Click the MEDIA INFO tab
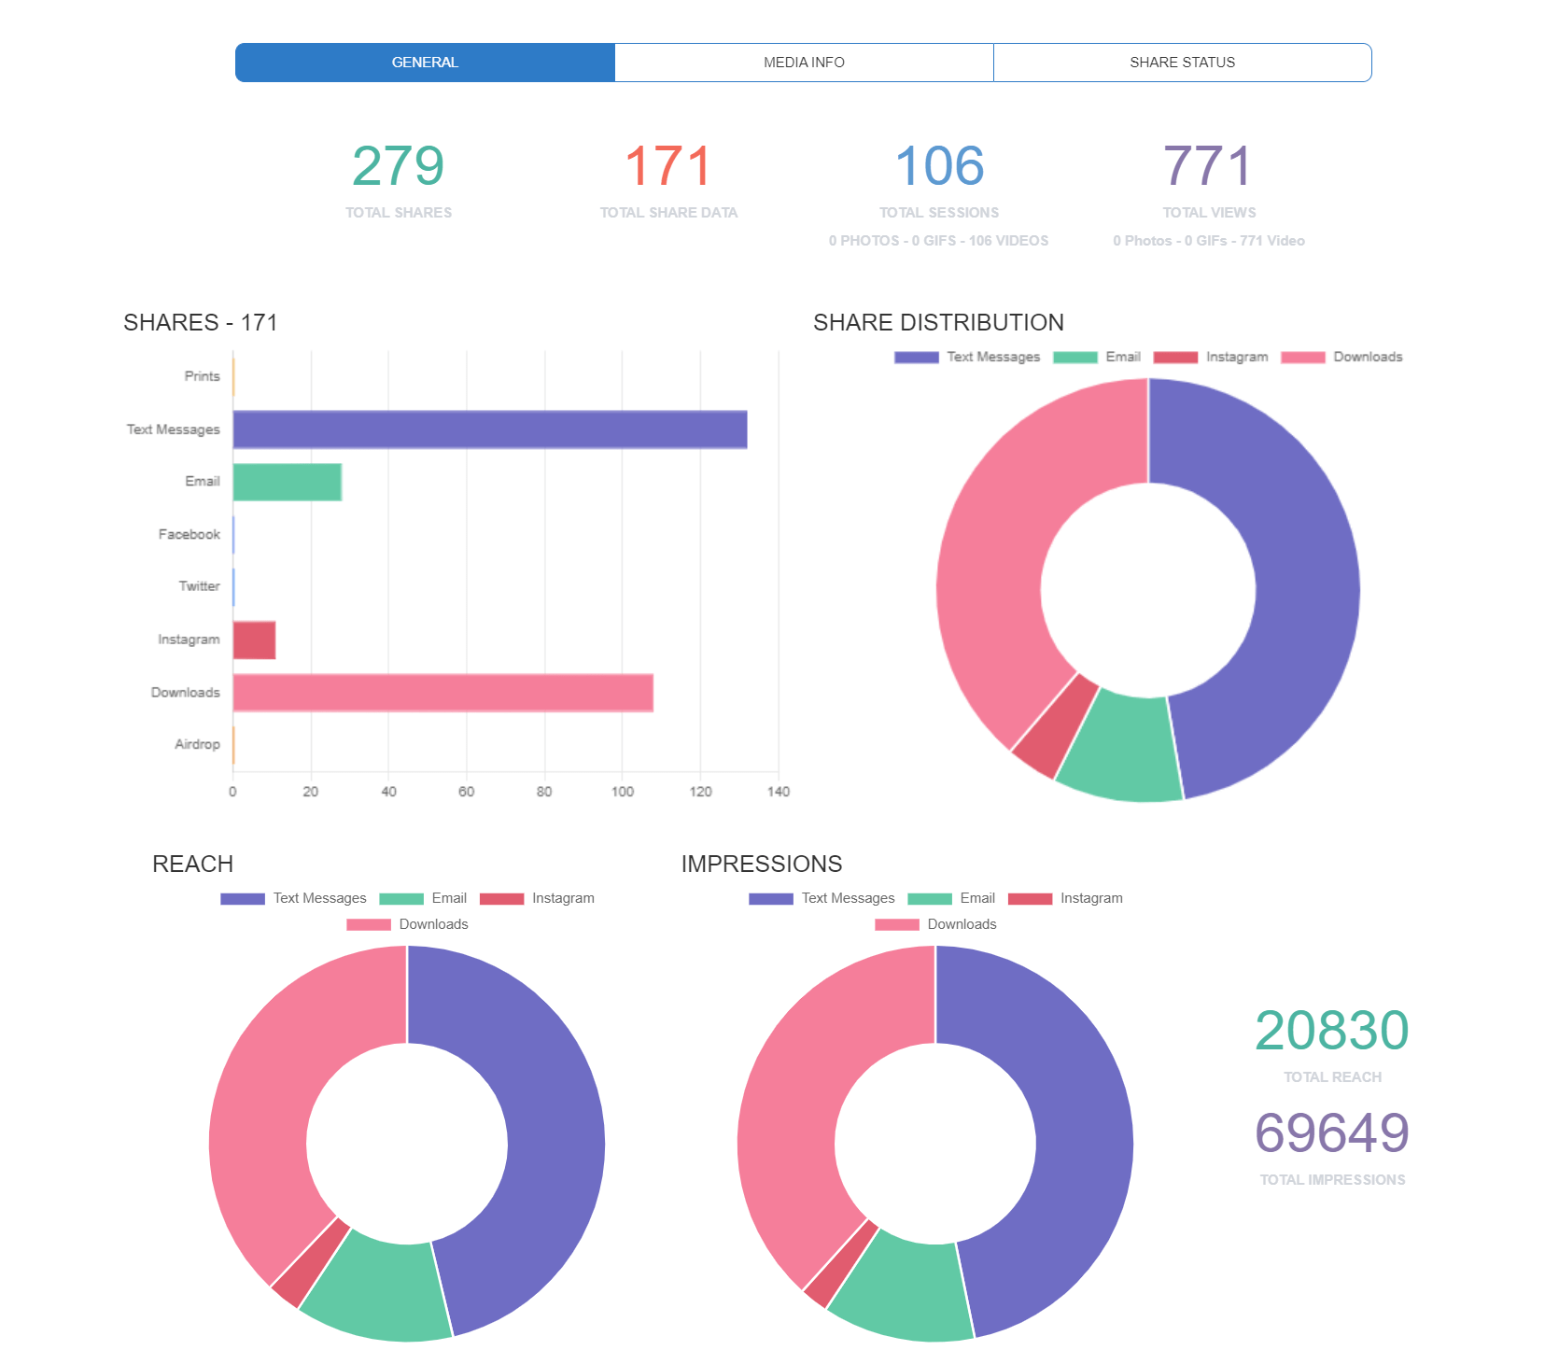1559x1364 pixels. (804, 63)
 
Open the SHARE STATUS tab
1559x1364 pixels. (1182, 63)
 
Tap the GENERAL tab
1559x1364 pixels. (425, 63)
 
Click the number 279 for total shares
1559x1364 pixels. (398, 167)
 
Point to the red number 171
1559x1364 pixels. (667, 167)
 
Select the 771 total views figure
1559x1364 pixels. (1208, 167)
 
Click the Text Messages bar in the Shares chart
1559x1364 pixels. (489, 429)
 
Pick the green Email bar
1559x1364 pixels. (287, 482)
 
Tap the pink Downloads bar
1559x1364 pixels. (442, 693)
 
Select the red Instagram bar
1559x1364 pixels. (254, 640)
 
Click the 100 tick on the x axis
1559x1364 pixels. (623, 792)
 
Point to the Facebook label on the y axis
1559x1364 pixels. (189, 534)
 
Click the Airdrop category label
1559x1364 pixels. (197, 744)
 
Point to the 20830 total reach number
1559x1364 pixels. (1331, 1031)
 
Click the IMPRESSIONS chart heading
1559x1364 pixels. (761, 864)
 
